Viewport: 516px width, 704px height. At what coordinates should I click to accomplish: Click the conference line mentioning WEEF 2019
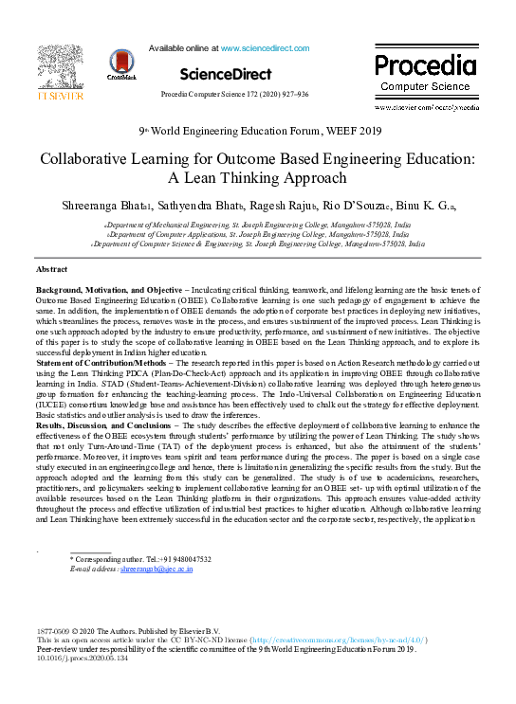click(x=259, y=132)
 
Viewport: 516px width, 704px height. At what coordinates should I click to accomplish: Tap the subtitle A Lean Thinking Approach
click(x=257, y=176)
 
